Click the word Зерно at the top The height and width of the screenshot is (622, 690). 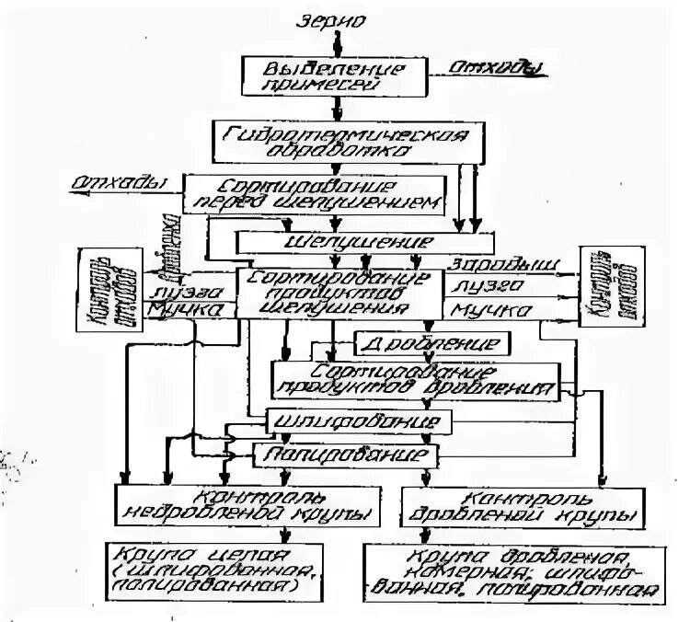coord(337,17)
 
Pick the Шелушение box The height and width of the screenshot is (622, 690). coord(336,243)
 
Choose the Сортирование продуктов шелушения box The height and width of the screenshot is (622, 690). coord(339,294)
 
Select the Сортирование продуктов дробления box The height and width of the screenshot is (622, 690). coord(415,380)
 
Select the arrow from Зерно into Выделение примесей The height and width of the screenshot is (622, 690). coord(337,43)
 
